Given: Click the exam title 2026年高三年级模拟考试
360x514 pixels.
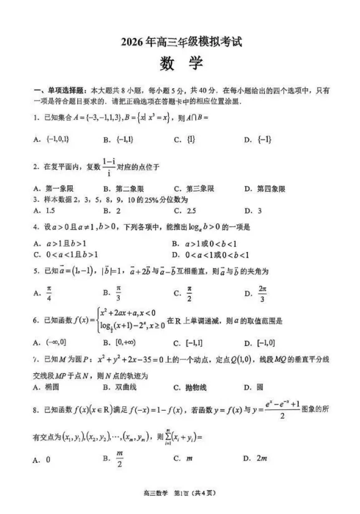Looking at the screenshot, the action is pos(181,43).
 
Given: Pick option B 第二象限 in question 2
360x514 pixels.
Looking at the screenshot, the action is pos(125,189).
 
